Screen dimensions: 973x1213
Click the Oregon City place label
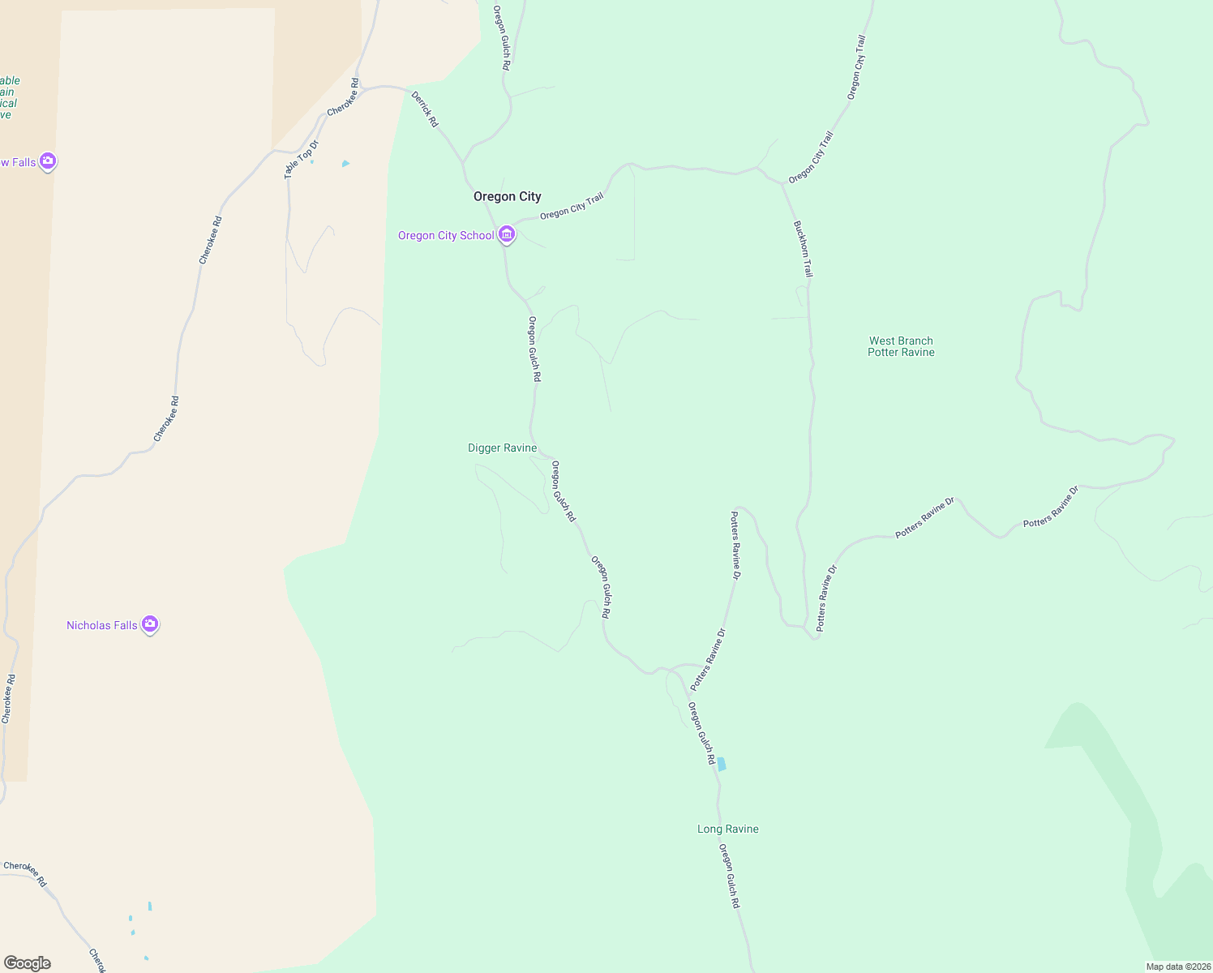[507, 196]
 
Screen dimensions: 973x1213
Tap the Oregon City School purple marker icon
[507, 234]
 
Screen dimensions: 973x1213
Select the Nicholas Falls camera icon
[149, 624]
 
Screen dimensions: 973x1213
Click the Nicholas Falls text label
[102, 625]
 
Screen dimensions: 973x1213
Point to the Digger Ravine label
[502, 448]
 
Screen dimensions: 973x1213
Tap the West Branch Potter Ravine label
[901, 346]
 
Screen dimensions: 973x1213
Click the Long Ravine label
[727, 829]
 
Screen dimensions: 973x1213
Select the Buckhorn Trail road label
[803, 249]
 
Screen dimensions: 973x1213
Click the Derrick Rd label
[424, 109]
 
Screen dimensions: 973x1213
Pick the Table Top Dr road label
[302, 159]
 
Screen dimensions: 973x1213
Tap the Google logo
[28, 963]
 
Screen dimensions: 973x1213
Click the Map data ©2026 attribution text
[1177, 967]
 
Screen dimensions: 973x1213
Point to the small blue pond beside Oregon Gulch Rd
[722, 764]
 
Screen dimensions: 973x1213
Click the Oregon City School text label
[446, 235]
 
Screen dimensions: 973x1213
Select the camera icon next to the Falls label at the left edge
[48, 161]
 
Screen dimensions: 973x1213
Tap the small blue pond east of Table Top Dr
[345, 164]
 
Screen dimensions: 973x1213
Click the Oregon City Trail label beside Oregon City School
[572, 206]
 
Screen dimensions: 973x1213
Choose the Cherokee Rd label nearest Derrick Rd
[343, 96]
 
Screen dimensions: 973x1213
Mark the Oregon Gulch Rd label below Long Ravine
[730, 876]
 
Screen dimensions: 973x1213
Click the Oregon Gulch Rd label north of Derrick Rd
[501, 38]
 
